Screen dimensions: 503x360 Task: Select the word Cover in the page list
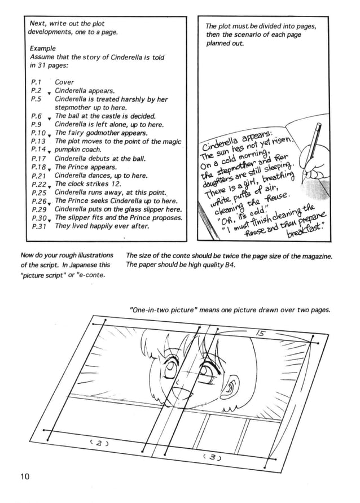tap(64, 82)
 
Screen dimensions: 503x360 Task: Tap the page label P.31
tap(38, 226)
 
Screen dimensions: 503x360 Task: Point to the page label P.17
tap(38, 159)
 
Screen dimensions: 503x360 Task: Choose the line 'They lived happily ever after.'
tap(102, 226)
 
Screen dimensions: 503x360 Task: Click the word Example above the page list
tap(43, 49)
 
